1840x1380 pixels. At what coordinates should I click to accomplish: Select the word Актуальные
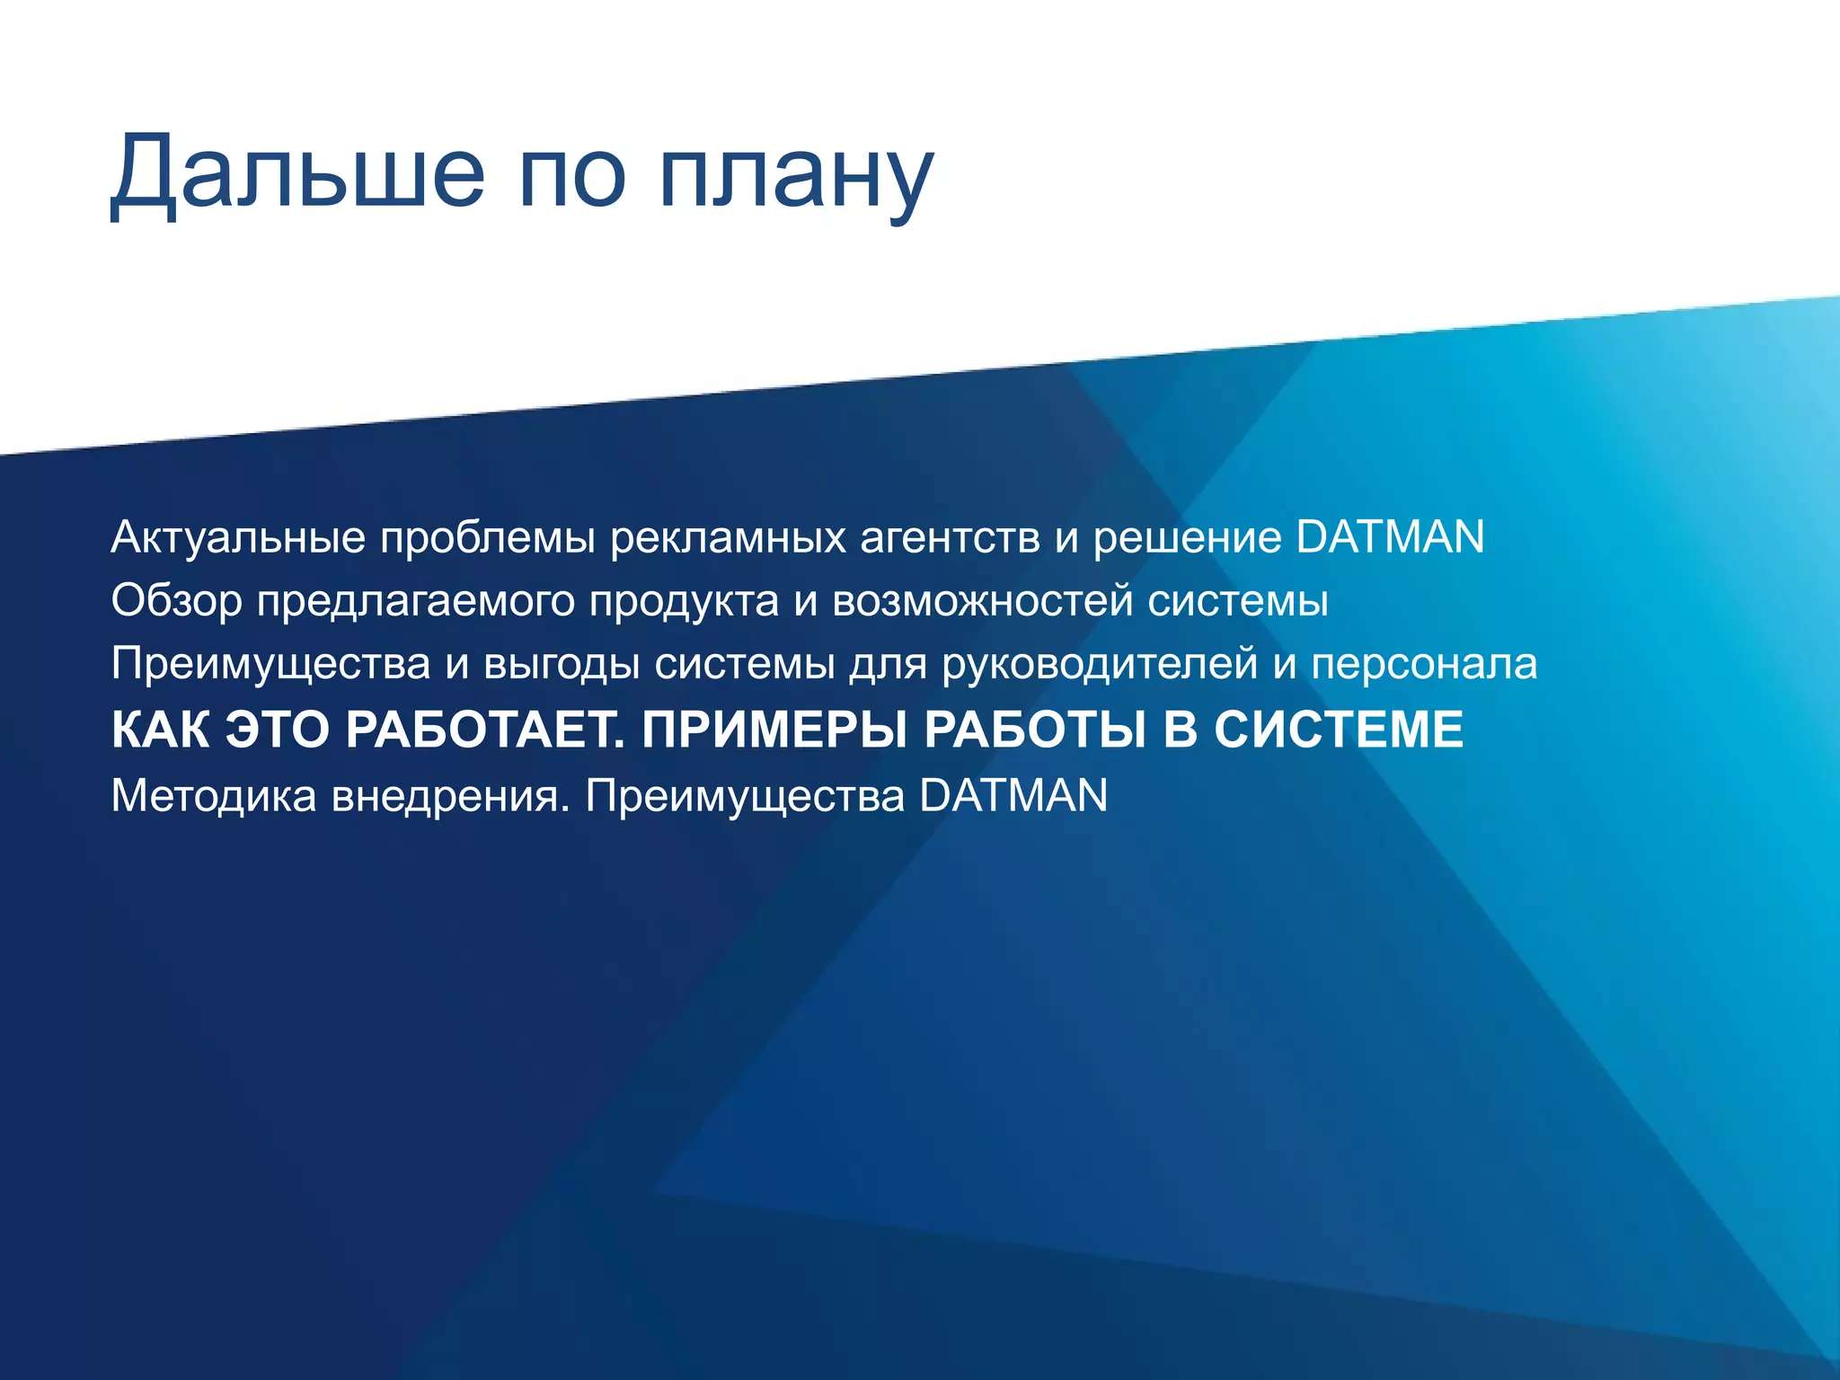(238, 538)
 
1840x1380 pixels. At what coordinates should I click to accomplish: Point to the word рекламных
(727, 538)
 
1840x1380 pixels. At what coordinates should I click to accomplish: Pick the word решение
(1187, 538)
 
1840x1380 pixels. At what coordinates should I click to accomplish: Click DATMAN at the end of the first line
(1390, 536)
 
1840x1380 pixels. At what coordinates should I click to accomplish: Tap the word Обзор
(176, 601)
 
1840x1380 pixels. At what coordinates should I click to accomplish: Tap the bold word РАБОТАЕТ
(485, 729)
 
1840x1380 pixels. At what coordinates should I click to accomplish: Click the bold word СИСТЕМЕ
(1339, 729)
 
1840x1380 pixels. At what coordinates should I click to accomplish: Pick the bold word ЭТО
(277, 729)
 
